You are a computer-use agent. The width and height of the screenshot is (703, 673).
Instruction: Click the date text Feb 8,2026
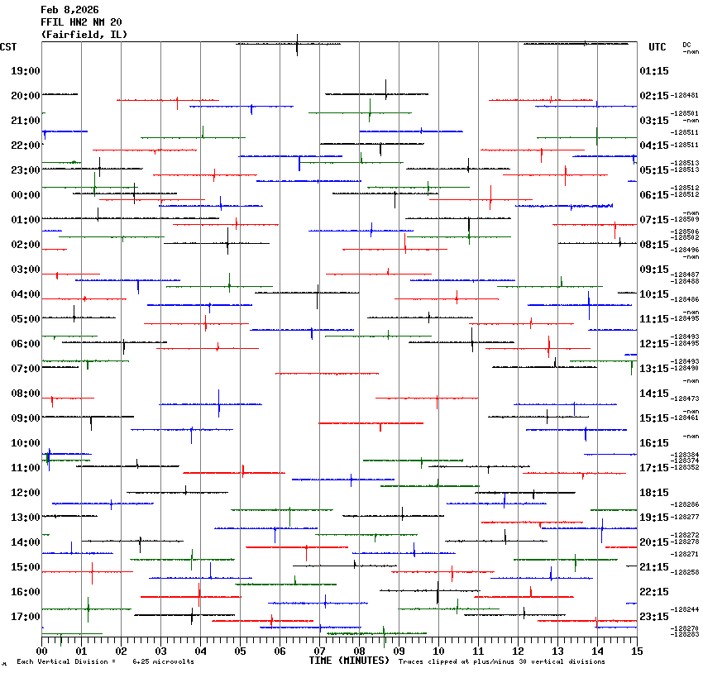[x=69, y=10]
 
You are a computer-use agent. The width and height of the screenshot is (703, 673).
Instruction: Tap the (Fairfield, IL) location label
[x=84, y=35]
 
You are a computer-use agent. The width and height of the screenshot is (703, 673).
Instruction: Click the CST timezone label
[x=10, y=47]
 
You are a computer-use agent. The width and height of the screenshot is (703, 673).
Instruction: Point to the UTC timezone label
[x=658, y=47]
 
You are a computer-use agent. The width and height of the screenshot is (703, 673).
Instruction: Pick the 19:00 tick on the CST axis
[x=26, y=71]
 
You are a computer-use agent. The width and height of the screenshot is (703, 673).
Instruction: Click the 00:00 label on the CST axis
[x=26, y=195]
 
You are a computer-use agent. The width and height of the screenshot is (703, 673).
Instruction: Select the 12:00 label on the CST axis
[x=26, y=493]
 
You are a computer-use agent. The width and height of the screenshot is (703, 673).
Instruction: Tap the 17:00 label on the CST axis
[x=26, y=617]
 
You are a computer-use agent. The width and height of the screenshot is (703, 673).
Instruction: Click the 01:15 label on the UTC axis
[x=654, y=71]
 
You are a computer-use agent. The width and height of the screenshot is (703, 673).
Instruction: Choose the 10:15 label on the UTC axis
[x=654, y=294]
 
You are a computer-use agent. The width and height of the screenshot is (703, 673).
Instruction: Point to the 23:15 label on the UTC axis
[x=654, y=617]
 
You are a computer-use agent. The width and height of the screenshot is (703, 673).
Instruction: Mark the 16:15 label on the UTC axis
[x=654, y=443]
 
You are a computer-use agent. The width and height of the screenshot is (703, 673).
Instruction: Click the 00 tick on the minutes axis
[x=42, y=652]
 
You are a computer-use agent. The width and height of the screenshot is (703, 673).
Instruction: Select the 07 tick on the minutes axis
[x=320, y=652]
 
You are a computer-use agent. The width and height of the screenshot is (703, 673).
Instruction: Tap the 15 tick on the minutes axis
[x=637, y=652]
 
